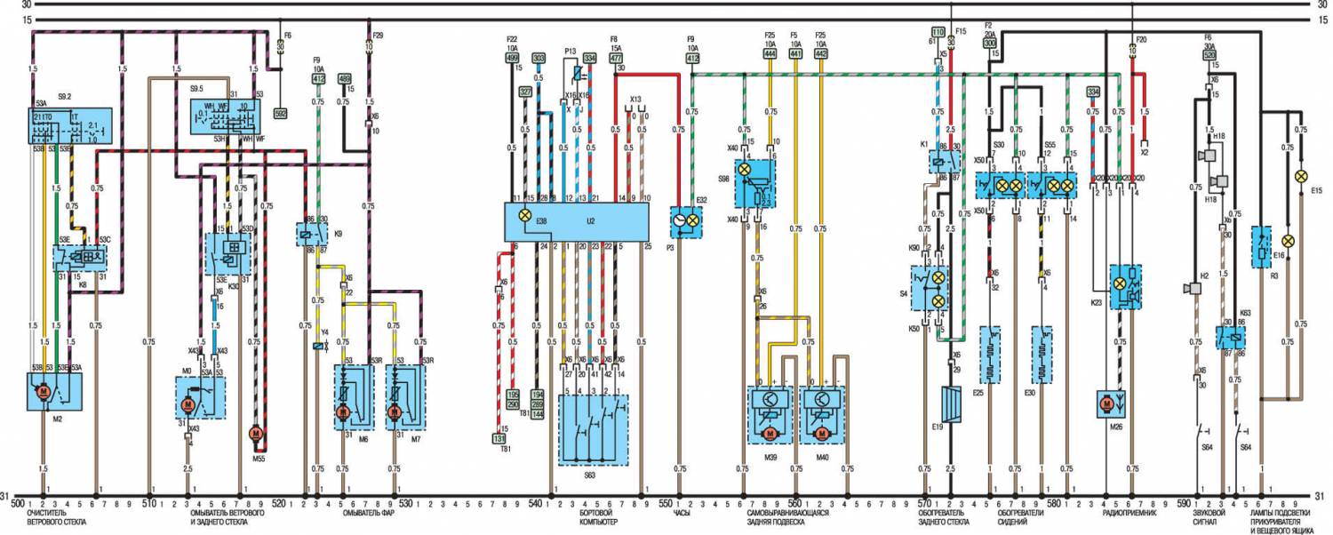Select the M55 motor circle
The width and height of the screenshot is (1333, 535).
(254, 433)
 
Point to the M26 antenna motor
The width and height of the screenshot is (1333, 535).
(1107, 403)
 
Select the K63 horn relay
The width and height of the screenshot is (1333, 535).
(1230, 339)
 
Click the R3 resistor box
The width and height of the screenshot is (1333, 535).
(1262, 248)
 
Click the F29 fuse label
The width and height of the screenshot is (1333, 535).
(378, 35)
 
